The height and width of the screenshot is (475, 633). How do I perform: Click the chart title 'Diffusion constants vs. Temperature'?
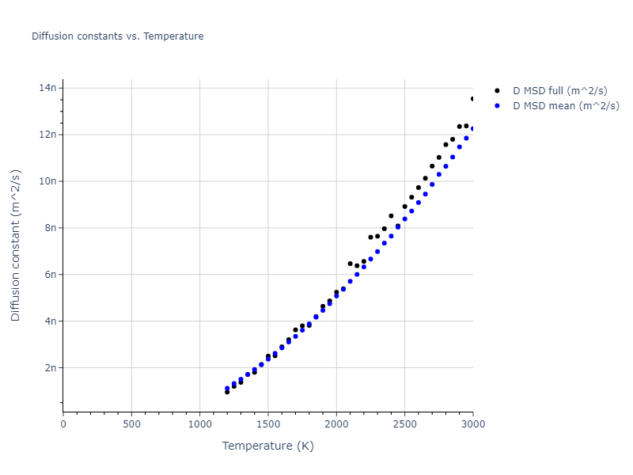click(117, 36)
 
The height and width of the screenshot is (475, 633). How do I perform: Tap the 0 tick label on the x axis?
click(63, 424)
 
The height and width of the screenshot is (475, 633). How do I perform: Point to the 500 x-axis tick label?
click(131, 424)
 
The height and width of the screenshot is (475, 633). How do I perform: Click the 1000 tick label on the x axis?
click(199, 424)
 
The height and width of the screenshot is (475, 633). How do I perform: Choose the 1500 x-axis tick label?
click(268, 424)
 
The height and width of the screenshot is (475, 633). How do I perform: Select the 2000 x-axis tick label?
click(336, 424)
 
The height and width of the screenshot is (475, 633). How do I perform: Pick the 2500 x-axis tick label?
click(404, 424)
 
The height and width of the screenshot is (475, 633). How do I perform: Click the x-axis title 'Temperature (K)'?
click(267, 446)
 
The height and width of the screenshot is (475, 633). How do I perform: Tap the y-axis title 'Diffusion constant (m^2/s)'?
click(16, 245)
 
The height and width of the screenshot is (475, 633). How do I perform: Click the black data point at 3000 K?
click(472, 99)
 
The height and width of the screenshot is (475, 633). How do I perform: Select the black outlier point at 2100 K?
click(350, 264)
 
